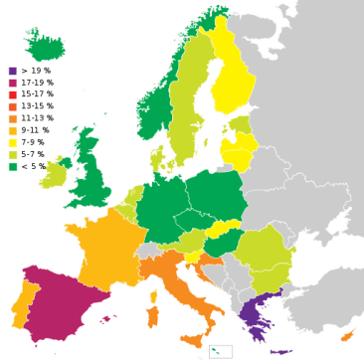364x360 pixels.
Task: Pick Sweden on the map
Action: [185, 99]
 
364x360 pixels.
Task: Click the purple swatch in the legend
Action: [13, 71]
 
